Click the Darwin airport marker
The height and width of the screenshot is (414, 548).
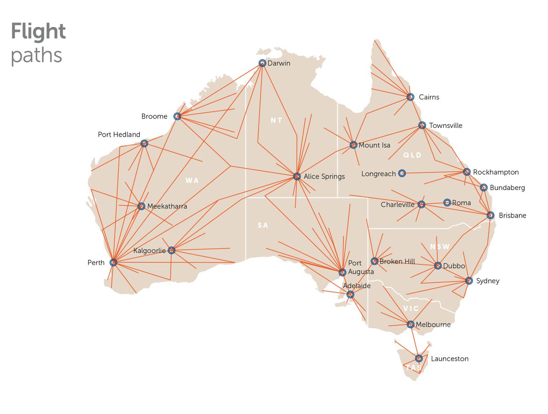click(262, 64)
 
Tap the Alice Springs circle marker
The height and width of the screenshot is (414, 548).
click(297, 176)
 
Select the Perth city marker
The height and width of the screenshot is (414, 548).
click(113, 262)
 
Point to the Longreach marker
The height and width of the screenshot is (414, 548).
click(402, 173)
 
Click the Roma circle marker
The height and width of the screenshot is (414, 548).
click(447, 202)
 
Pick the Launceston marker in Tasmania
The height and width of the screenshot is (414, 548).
click(419, 358)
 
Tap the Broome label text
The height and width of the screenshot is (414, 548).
click(154, 117)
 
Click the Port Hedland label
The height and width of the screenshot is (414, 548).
click(119, 135)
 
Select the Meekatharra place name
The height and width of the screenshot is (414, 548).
click(167, 207)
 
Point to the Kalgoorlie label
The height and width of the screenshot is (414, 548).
click(149, 250)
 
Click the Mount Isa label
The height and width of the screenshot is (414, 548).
click(374, 145)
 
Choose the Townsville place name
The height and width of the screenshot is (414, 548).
click(446, 126)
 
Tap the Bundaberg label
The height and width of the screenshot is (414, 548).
click(507, 188)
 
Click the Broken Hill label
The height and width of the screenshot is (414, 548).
click(397, 261)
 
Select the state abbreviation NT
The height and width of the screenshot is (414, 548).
click(276, 121)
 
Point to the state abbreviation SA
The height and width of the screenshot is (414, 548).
click(263, 225)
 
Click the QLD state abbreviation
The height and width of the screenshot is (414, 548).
click(412, 155)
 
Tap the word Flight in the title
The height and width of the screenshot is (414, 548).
click(38, 32)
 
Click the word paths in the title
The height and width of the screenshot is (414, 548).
click(36, 56)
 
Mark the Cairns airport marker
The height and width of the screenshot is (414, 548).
click(410, 97)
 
